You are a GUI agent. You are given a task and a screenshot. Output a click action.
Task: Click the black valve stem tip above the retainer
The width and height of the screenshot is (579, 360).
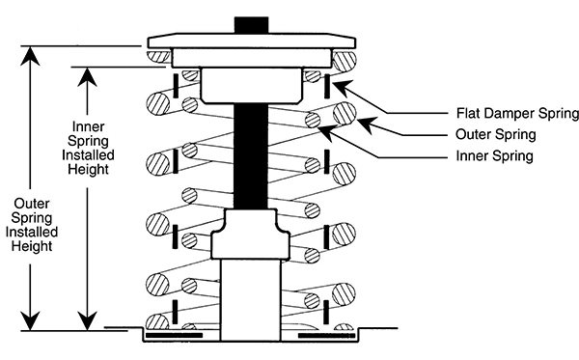coord(254,24)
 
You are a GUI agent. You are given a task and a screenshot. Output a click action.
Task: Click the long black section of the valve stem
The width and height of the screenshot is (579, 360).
coord(254,154)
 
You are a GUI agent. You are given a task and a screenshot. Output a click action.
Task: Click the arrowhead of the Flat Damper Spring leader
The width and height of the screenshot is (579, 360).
coord(337,81)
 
